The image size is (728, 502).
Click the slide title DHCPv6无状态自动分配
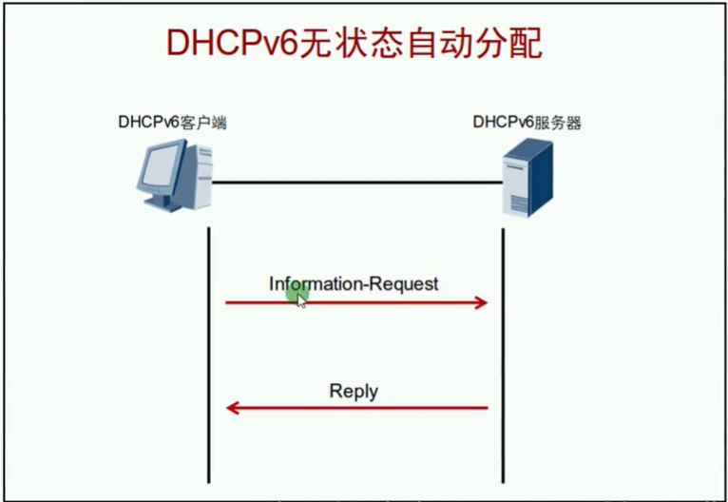click(354, 44)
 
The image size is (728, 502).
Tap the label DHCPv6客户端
click(171, 123)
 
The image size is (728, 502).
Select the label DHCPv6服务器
click(527, 123)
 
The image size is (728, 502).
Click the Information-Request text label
click(354, 283)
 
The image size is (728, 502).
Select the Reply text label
click(354, 391)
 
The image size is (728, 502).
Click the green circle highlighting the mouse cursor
click(296, 294)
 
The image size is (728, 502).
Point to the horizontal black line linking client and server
click(356, 182)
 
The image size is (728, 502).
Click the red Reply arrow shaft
click(361, 408)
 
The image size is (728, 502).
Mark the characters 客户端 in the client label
click(205, 123)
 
